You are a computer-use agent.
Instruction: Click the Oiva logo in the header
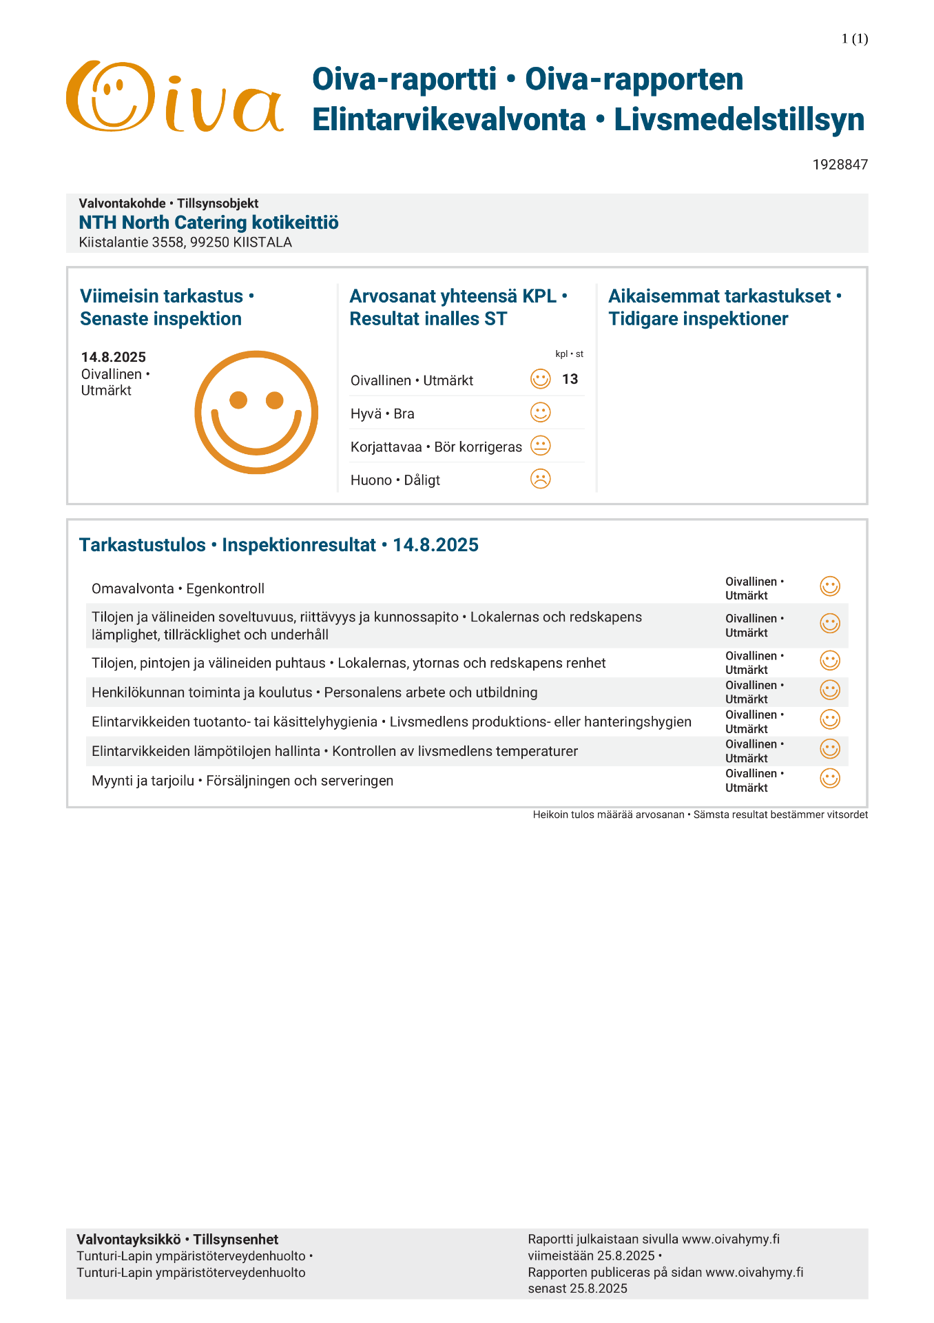point(175,97)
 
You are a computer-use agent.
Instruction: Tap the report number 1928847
point(840,165)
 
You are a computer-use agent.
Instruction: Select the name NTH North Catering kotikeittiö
point(209,223)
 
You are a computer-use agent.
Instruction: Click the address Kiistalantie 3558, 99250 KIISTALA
point(185,243)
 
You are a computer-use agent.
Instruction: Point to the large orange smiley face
point(256,412)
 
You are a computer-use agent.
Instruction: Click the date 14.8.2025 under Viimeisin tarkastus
point(114,357)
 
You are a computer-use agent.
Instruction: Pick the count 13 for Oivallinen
point(570,379)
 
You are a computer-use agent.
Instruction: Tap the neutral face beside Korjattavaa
point(541,446)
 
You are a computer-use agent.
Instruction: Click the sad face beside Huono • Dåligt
point(541,479)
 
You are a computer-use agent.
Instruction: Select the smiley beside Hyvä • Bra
point(541,413)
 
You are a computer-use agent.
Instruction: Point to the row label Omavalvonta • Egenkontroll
point(178,588)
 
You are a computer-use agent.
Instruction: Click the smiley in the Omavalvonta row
point(830,586)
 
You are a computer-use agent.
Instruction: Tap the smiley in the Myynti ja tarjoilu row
point(830,779)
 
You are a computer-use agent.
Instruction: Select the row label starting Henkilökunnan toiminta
point(314,693)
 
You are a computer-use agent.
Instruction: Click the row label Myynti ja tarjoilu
point(242,781)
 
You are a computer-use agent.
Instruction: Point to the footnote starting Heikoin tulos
point(700,814)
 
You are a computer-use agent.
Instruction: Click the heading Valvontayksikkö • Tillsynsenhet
point(178,1240)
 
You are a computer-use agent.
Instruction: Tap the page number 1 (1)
point(854,39)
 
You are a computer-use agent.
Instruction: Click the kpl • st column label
point(569,354)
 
